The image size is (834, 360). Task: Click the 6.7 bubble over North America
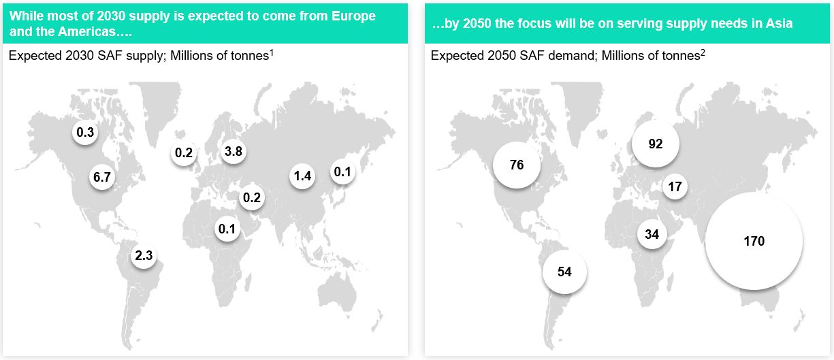point(102,177)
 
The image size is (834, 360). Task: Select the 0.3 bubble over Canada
point(85,132)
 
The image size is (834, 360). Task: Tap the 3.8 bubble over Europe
point(234,151)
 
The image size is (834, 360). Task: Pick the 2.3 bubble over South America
point(144,255)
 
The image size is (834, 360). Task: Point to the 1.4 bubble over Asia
point(302,176)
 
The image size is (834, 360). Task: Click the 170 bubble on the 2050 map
point(754,241)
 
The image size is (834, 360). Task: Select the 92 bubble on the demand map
point(656,144)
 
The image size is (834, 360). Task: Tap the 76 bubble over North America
point(517,165)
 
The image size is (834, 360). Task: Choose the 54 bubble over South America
point(564,272)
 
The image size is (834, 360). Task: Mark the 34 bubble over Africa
point(652,234)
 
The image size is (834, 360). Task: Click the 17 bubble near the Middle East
point(675,186)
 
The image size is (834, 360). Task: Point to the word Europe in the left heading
point(354,16)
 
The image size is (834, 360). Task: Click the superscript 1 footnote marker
point(272,53)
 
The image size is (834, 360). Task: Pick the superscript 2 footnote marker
point(703,53)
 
